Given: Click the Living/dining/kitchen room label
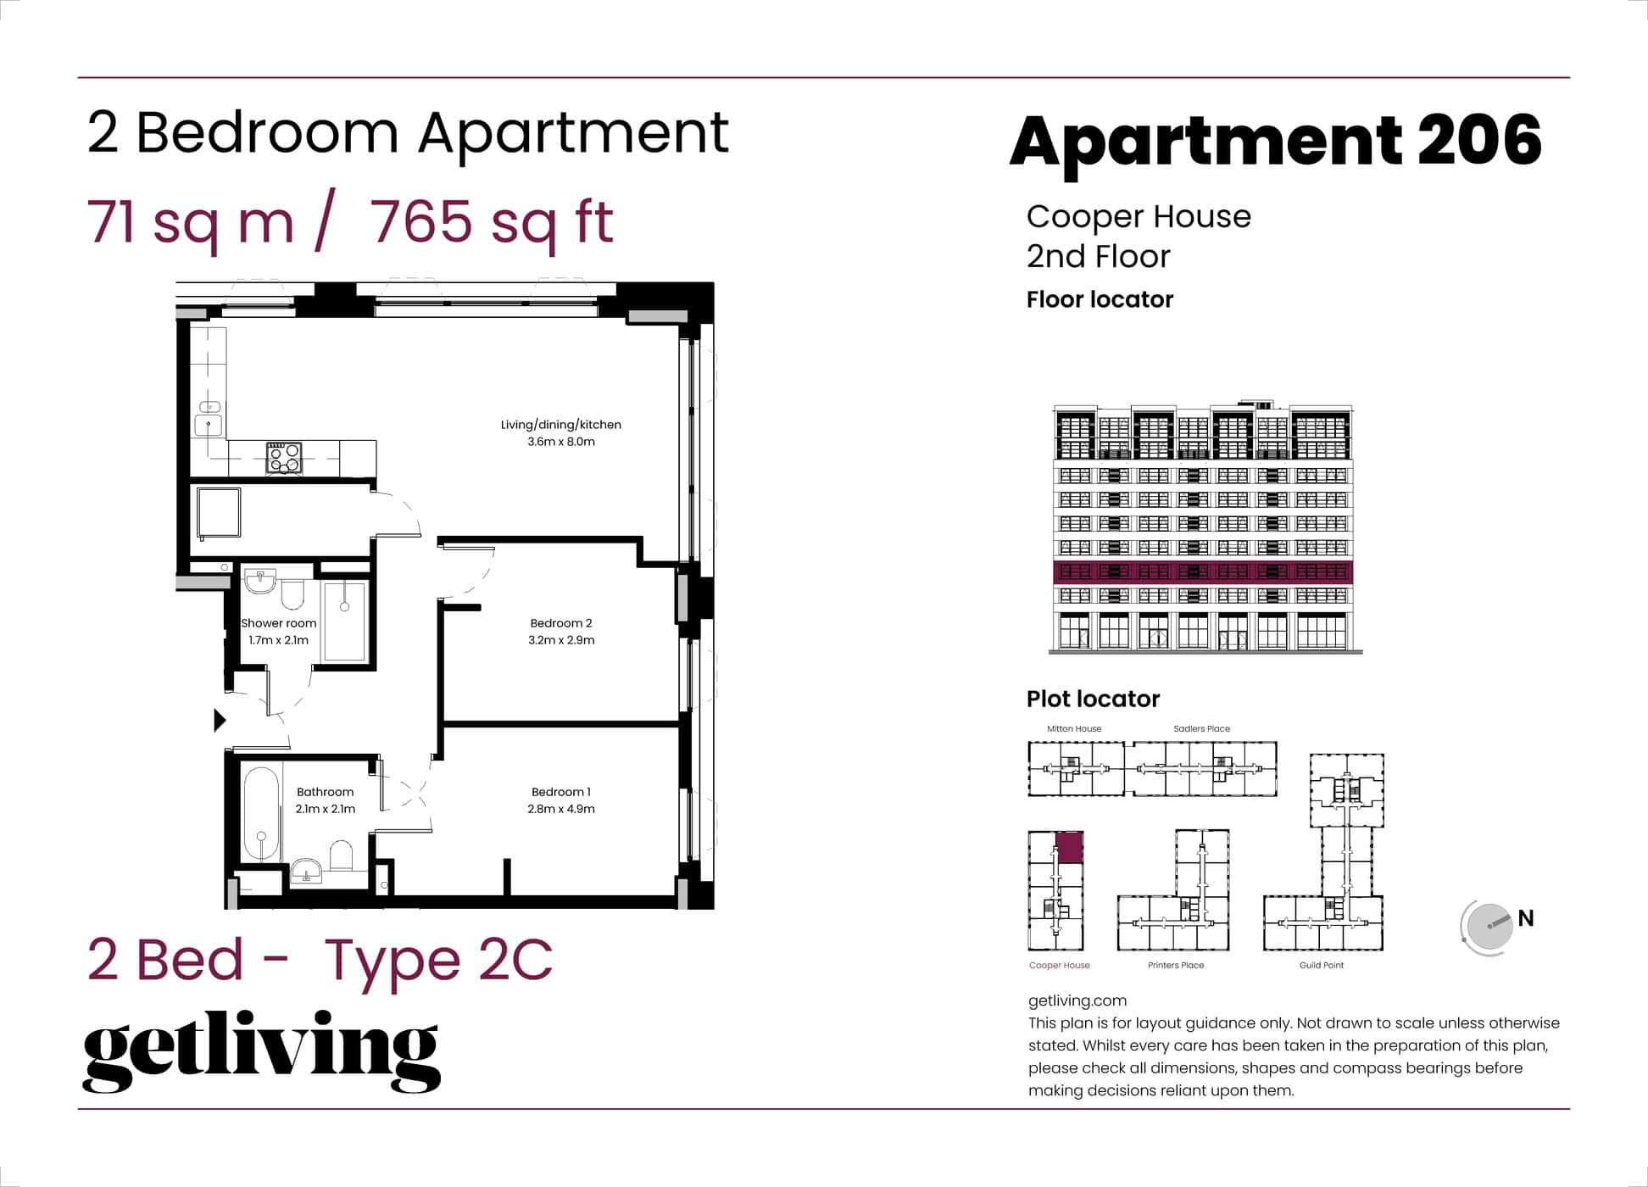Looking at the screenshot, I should click(560, 425).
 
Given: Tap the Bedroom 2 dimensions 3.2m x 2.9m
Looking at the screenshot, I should click(560, 640).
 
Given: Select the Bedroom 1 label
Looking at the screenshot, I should click(560, 792).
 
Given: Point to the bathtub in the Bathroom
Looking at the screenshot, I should click(261, 814).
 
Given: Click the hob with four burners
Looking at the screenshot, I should click(283, 458).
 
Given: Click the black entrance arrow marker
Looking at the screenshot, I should click(220, 720).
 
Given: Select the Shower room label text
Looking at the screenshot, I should click(278, 623).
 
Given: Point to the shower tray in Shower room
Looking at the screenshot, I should click(345, 621).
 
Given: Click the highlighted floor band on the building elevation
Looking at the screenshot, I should click(1202, 571).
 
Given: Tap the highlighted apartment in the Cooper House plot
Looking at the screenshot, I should click(1070, 848).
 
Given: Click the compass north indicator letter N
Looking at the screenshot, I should click(1526, 918).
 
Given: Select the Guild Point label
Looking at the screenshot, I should click(1321, 965).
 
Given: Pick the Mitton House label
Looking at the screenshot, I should click(1074, 728).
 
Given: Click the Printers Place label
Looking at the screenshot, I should click(1176, 965).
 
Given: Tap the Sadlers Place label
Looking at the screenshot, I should click(1201, 728).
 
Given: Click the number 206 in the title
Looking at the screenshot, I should click(1478, 141).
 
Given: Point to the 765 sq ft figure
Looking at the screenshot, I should click(492, 222).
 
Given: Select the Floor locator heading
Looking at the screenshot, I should click(1100, 299).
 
